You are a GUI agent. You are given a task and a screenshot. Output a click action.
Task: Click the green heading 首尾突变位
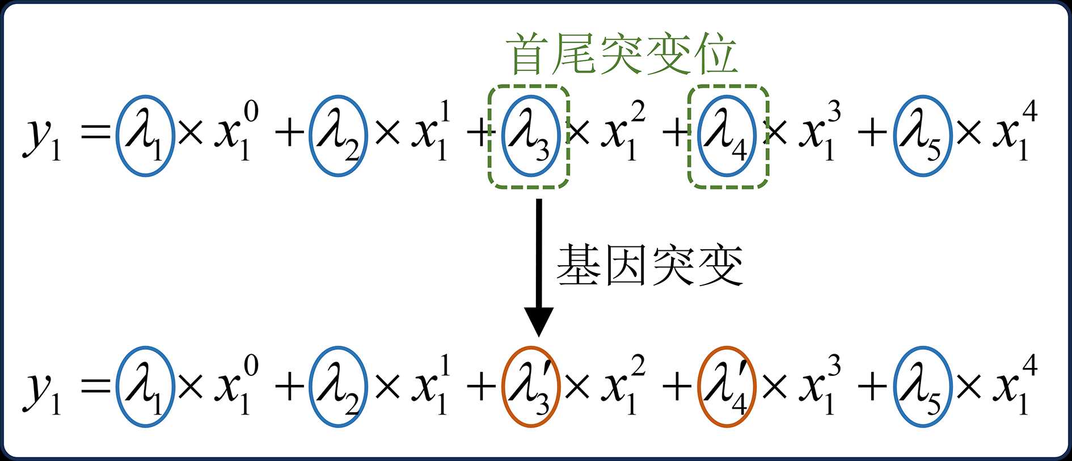click(624, 54)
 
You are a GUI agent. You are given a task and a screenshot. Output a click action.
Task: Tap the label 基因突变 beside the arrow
click(649, 265)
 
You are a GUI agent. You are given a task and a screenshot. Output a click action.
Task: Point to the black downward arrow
click(539, 267)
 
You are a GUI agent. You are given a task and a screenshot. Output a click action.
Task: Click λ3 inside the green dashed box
click(529, 136)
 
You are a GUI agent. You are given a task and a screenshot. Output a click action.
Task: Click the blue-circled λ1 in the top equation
click(145, 136)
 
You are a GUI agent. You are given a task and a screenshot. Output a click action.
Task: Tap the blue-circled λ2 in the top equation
click(338, 136)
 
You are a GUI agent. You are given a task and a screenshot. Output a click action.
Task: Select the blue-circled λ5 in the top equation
click(922, 136)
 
